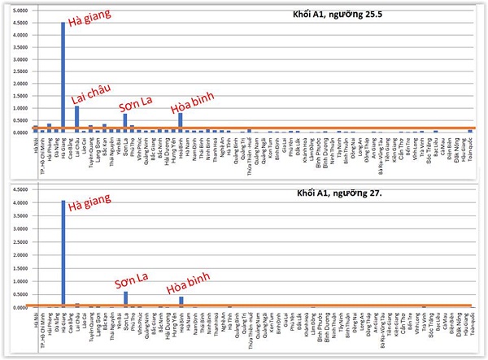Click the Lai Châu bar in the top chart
(x=76, y=119)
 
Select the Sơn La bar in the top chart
(x=125, y=123)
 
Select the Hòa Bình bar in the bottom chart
(x=181, y=301)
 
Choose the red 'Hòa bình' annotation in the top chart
(x=194, y=106)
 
